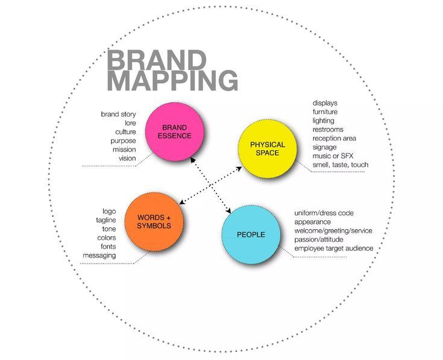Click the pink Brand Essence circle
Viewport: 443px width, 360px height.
pos(177,131)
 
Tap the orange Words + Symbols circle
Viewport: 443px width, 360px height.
pos(154,221)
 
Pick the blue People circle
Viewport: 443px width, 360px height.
pos(251,235)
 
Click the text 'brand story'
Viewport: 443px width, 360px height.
pos(119,114)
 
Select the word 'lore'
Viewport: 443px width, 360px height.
pos(130,123)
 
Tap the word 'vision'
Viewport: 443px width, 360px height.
pos(127,159)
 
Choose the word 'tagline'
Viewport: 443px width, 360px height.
pos(105,221)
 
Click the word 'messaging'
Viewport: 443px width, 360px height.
pos(99,256)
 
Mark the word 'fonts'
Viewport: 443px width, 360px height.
pos(108,247)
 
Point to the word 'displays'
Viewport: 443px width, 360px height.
pos(325,103)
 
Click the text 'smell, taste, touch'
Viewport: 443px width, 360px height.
pos(340,165)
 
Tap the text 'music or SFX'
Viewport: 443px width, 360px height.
pos(333,156)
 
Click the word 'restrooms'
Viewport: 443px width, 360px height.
pos(328,129)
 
